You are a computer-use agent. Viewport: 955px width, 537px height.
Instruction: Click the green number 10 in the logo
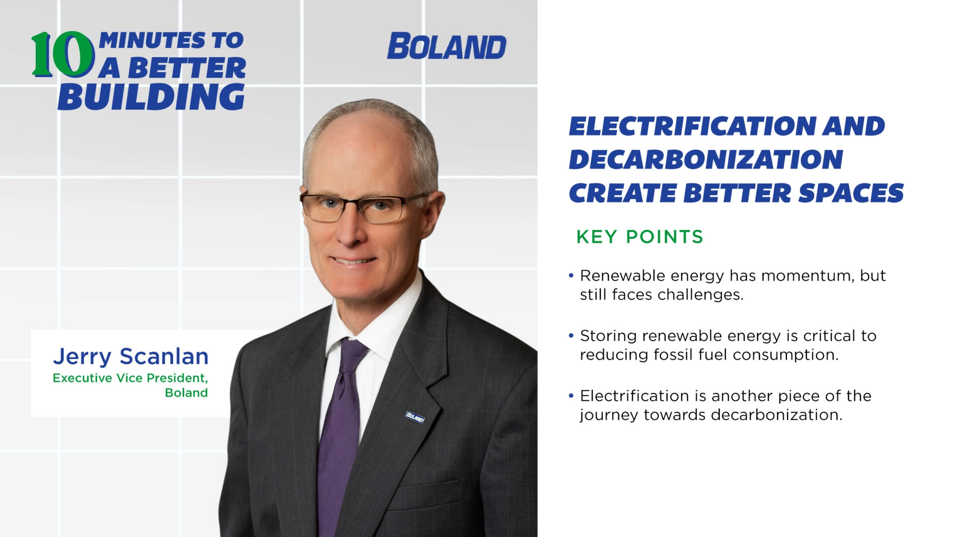coord(63,55)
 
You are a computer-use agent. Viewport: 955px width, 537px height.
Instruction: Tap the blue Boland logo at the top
coord(446,47)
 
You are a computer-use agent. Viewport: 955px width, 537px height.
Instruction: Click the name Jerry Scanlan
coord(130,357)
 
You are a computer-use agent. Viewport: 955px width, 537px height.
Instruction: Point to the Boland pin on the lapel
coord(415,417)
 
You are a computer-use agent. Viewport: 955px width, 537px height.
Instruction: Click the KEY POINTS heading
coord(640,237)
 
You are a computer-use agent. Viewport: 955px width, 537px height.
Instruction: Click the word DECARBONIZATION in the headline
coord(705,160)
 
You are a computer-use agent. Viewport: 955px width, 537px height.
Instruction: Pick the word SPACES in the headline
coord(851,193)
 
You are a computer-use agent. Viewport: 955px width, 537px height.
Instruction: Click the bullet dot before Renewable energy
coord(571,275)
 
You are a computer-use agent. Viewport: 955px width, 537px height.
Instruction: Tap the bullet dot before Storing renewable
coord(571,336)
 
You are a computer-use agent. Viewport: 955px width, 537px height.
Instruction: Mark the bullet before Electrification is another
coord(571,396)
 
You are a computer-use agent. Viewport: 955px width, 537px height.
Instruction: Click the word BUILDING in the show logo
coord(151,97)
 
